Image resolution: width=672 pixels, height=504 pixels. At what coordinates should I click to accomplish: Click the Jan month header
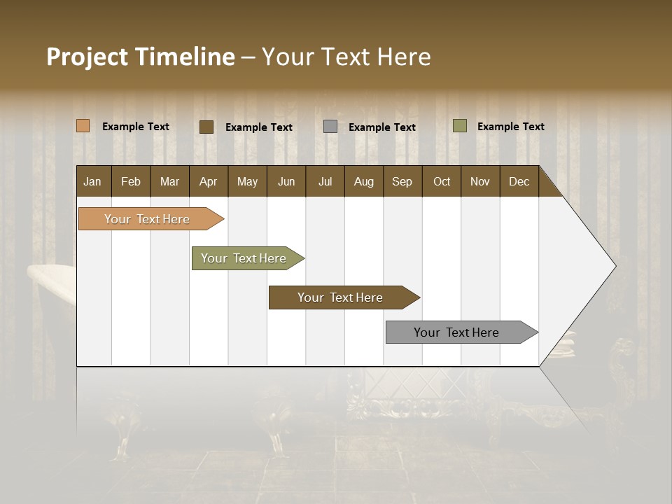pyautogui.click(x=92, y=181)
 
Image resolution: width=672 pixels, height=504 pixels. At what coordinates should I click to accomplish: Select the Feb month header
pyautogui.click(x=131, y=181)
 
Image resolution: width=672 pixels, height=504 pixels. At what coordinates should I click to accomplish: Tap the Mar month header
pyautogui.click(x=169, y=181)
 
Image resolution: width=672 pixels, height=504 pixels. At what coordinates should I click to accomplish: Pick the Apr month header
pyautogui.click(x=209, y=181)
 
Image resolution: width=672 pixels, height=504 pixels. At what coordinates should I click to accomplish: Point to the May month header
pyautogui.click(x=247, y=181)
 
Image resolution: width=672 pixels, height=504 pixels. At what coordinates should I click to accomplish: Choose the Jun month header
pyautogui.click(x=286, y=181)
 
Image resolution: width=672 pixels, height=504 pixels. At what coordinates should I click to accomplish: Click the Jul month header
pyautogui.click(x=325, y=181)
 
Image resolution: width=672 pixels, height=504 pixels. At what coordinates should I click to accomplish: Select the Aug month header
pyautogui.click(x=364, y=181)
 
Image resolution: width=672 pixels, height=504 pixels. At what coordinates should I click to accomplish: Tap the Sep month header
pyautogui.click(x=402, y=181)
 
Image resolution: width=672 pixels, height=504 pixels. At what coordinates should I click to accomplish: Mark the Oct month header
pyautogui.click(x=442, y=181)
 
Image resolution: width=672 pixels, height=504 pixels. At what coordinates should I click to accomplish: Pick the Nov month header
pyautogui.click(x=480, y=181)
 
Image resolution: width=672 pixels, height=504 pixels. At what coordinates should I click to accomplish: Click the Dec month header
pyautogui.click(x=519, y=181)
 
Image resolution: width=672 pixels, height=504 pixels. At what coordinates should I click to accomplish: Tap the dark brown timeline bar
pyautogui.click(x=341, y=297)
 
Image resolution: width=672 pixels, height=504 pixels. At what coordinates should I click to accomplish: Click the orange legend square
pyautogui.click(x=83, y=126)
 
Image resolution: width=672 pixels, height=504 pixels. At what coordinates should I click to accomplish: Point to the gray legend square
pyautogui.click(x=330, y=127)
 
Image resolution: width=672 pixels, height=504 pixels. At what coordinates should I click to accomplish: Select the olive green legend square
pyautogui.click(x=460, y=126)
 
